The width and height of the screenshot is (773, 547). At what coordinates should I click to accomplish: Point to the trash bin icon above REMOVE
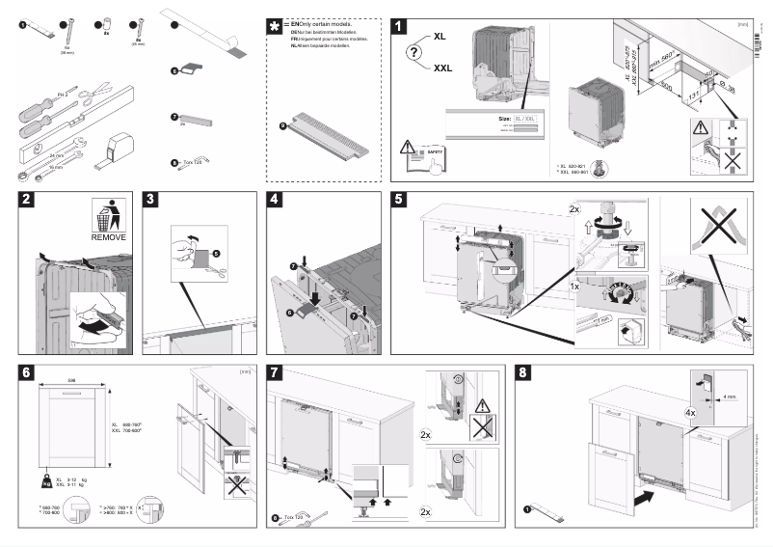(108, 214)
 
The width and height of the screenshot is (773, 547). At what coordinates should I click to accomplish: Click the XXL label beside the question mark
(443, 68)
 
